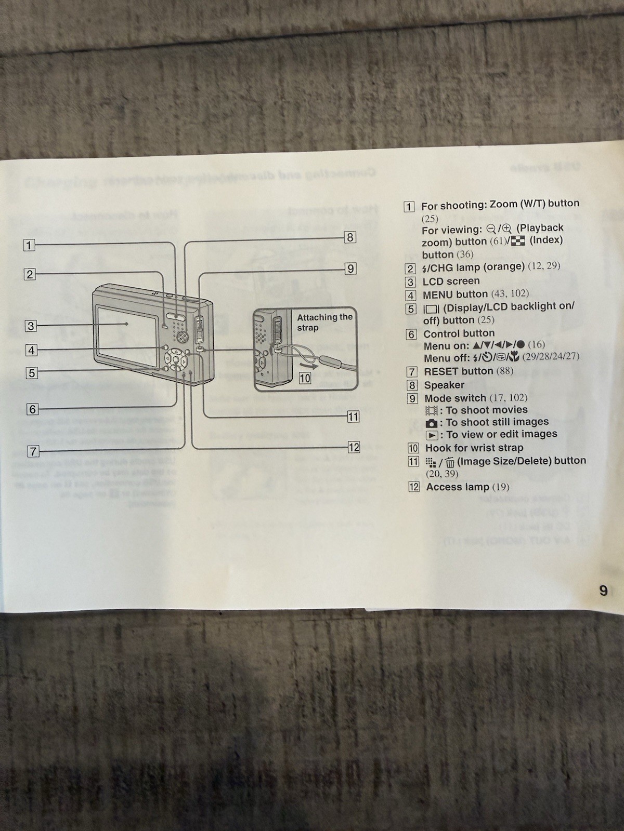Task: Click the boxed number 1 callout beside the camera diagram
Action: coord(29,245)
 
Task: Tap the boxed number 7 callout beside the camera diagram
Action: coord(33,451)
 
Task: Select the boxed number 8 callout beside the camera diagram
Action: coord(350,237)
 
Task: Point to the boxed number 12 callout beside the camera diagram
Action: coord(354,447)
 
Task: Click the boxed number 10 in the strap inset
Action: coord(305,378)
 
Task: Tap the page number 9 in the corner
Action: coord(603,591)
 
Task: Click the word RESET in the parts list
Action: coord(444,371)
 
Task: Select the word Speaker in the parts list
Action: coord(444,385)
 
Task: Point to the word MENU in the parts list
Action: coord(438,294)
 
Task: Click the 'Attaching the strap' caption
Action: coord(324,322)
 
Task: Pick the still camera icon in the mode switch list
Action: coord(431,423)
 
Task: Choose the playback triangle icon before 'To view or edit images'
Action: coord(432,435)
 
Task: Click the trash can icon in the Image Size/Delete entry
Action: coord(450,462)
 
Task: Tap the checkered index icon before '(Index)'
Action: coord(518,240)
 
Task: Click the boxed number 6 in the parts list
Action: coord(411,334)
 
